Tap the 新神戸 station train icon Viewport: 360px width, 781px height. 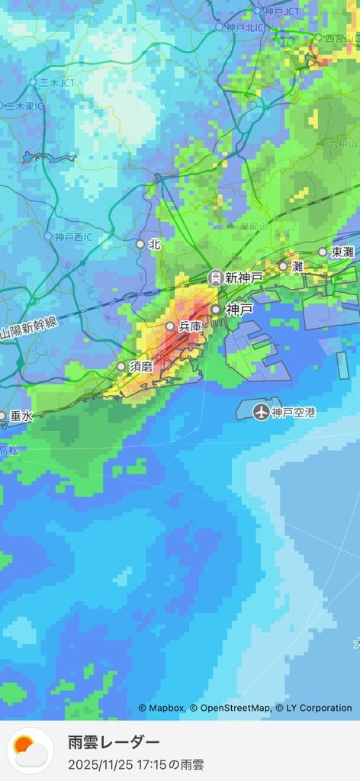pos(215,278)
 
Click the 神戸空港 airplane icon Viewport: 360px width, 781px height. pos(262,413)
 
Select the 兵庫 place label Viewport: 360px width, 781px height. pos(190,326)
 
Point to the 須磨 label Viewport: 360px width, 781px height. pos(141,367)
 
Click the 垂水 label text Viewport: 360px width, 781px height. pos(21,416)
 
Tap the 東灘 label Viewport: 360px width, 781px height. pos(342,252)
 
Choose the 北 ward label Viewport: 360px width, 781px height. pos(155,245)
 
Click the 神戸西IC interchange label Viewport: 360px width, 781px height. pos(73,237)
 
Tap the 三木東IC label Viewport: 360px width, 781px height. pos(24,106)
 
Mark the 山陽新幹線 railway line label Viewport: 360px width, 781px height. pos(29,329)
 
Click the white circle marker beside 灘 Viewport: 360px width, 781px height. pos(283,266)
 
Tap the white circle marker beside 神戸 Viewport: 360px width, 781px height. pos(216,310)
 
